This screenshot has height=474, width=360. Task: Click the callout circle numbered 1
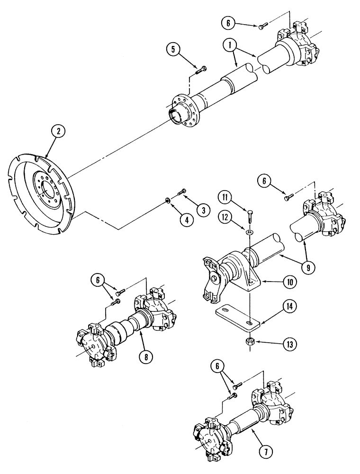[x=230, y=46]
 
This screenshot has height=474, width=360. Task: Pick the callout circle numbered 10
[x=288, y=283]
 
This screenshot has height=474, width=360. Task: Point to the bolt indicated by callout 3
[x=180, y=192]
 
